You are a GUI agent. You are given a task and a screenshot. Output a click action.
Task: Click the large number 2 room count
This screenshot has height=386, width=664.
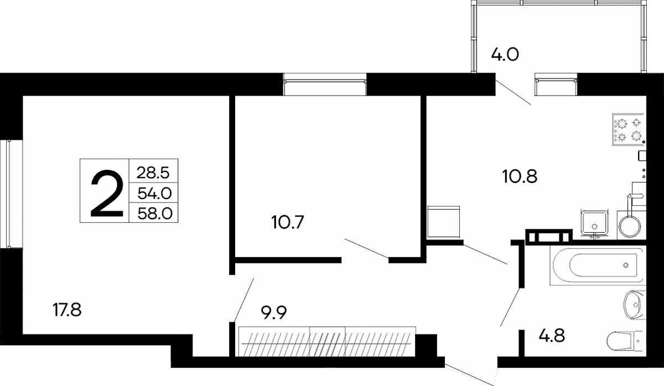[x=107, y=194]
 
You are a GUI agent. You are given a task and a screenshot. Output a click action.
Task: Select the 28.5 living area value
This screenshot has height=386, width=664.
[x=153, y=173]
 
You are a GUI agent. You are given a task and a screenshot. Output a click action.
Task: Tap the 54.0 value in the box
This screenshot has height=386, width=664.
[x=154, y=194]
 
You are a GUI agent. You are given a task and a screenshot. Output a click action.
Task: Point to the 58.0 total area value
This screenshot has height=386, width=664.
[x=155, y=213]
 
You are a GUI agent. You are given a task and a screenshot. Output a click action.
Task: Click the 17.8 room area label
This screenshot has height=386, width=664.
[x=67, y=310]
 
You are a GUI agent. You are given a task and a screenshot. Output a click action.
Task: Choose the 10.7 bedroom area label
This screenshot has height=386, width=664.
[x=288, y=222]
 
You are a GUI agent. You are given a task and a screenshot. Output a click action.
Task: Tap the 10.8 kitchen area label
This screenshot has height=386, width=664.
[x=520, y=176]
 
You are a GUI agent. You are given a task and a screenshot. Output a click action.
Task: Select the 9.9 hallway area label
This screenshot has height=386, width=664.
[x=273, y=313]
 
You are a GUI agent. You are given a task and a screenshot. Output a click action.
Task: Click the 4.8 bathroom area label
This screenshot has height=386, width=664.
[x=551, y=336]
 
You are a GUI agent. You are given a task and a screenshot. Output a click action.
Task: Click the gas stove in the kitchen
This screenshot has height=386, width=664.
[x=629, y=129]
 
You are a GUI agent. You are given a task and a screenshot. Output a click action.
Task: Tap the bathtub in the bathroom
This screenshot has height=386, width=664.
[x=598, y=265]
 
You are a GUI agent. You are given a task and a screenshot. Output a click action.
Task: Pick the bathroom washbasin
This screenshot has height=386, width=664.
[x=635, y=305]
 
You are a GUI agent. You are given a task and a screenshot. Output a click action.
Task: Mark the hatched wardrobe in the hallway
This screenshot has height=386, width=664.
[x=327, y=342]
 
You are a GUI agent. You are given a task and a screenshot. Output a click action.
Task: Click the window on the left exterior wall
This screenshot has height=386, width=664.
[x=11, y=194]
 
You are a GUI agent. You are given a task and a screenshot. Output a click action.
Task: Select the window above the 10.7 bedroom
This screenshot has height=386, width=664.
[x=325, y=85]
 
